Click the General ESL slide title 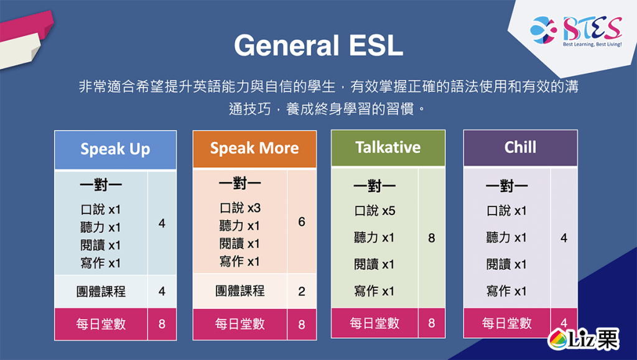tap(318, 46)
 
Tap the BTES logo tap(575, 30)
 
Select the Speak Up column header tap(115, 150)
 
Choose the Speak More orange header tap(254, 149)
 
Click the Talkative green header tap(388, 148)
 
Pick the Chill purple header tap(520, 148)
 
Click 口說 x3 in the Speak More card tap(239, 208)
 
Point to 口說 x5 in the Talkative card tap(374, 211)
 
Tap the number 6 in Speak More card tap(302, 221)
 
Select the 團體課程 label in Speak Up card tap(101, 291)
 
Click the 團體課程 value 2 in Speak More tap(302, 291)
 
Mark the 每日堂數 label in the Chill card tap(506, 323)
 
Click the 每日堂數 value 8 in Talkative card tap(432, 323)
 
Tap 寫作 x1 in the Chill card tap(506, 291)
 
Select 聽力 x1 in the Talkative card tap(374, 238)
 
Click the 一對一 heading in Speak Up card tap(101, 186)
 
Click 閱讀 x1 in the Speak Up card tap(101, 245)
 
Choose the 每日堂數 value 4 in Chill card tap(564, 323)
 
